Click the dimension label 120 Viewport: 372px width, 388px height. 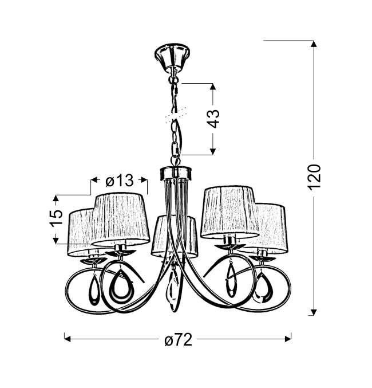[315, 177]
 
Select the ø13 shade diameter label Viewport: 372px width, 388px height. [120, 181]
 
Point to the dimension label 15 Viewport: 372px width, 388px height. [57, 218]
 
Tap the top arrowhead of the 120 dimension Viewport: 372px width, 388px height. [314, 44]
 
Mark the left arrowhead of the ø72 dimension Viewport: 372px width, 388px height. [68, 339]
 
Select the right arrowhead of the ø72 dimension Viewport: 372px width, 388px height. [288, 339]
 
